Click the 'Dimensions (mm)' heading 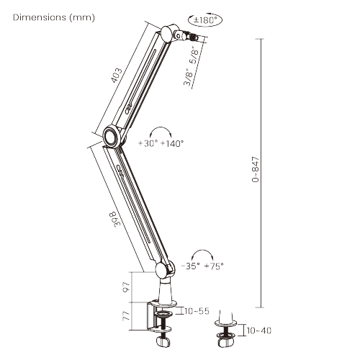coord(54,17)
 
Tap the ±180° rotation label coord(204,20)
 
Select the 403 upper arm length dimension coord(117,76)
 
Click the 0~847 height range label coord(256,169)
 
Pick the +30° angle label coord(148,143)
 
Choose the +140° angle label coord(172,143)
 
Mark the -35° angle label coord(191,266)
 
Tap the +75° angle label coord(214,266)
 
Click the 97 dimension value coord(126,287)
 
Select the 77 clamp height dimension coord(126,315)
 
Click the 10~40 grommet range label coord(259,330)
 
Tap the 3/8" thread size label coord(188,77)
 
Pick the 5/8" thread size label coord(194,55)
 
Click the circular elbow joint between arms coord(111,135)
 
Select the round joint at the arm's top coord(168,33)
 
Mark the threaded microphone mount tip coord(194,37)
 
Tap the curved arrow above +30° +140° coord(161,127)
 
